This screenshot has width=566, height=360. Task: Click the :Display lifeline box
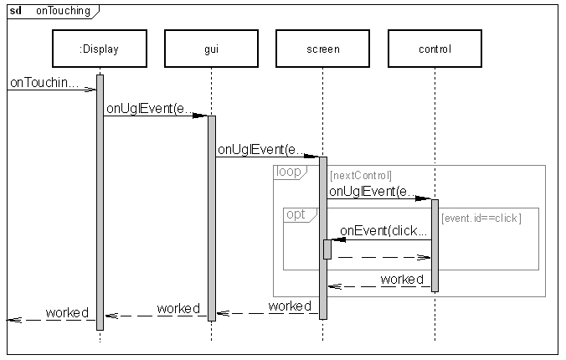[99, 49]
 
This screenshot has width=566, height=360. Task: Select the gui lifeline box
[211, 49]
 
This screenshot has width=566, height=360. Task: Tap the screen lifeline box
[322, 49]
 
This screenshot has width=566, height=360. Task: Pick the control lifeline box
[435, 49]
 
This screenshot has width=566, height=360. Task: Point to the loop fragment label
[289, 172]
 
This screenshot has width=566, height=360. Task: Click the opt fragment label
[296, 214]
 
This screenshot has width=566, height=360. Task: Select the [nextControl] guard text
[361, 176]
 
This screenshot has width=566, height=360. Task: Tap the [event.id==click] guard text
[481, 219]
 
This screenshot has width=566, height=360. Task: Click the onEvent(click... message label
[383, 231]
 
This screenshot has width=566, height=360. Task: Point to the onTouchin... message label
[44, 83]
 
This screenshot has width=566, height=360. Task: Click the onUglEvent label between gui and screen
[261, 150]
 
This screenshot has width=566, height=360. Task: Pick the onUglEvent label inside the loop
[373, 192]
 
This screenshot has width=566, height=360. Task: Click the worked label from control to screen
[402, 279]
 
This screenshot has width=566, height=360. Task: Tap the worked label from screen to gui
[290, 306]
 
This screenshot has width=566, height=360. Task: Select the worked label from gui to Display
[178, 308]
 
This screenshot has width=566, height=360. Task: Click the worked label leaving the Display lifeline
[67, 313]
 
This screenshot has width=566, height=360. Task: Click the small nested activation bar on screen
[327, 249]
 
